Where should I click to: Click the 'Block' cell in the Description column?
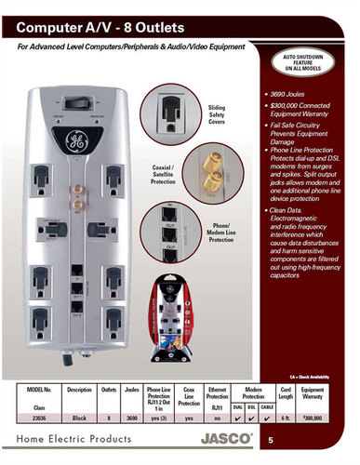(81, 419)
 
